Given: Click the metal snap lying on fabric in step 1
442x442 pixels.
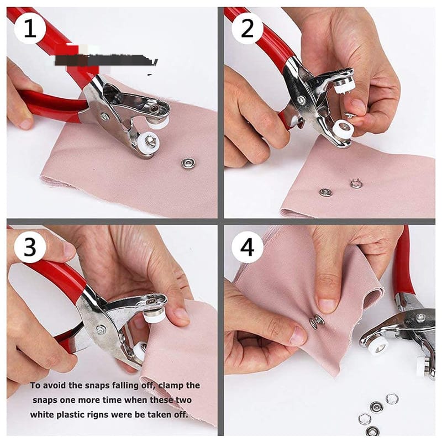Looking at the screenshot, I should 188,163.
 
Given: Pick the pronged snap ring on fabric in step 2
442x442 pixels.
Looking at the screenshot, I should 356,183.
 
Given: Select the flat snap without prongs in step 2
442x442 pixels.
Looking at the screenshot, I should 326,192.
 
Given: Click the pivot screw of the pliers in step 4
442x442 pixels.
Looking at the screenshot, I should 420,318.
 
